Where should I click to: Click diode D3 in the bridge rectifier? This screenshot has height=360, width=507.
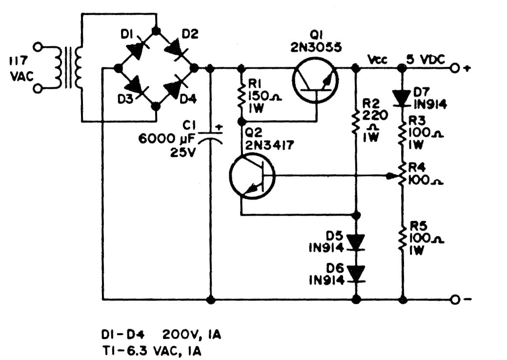click(x=136, y=87)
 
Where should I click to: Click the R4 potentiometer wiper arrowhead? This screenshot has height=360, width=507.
click(x=395, y=175)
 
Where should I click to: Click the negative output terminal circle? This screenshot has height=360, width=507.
click(x=455, y=299)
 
